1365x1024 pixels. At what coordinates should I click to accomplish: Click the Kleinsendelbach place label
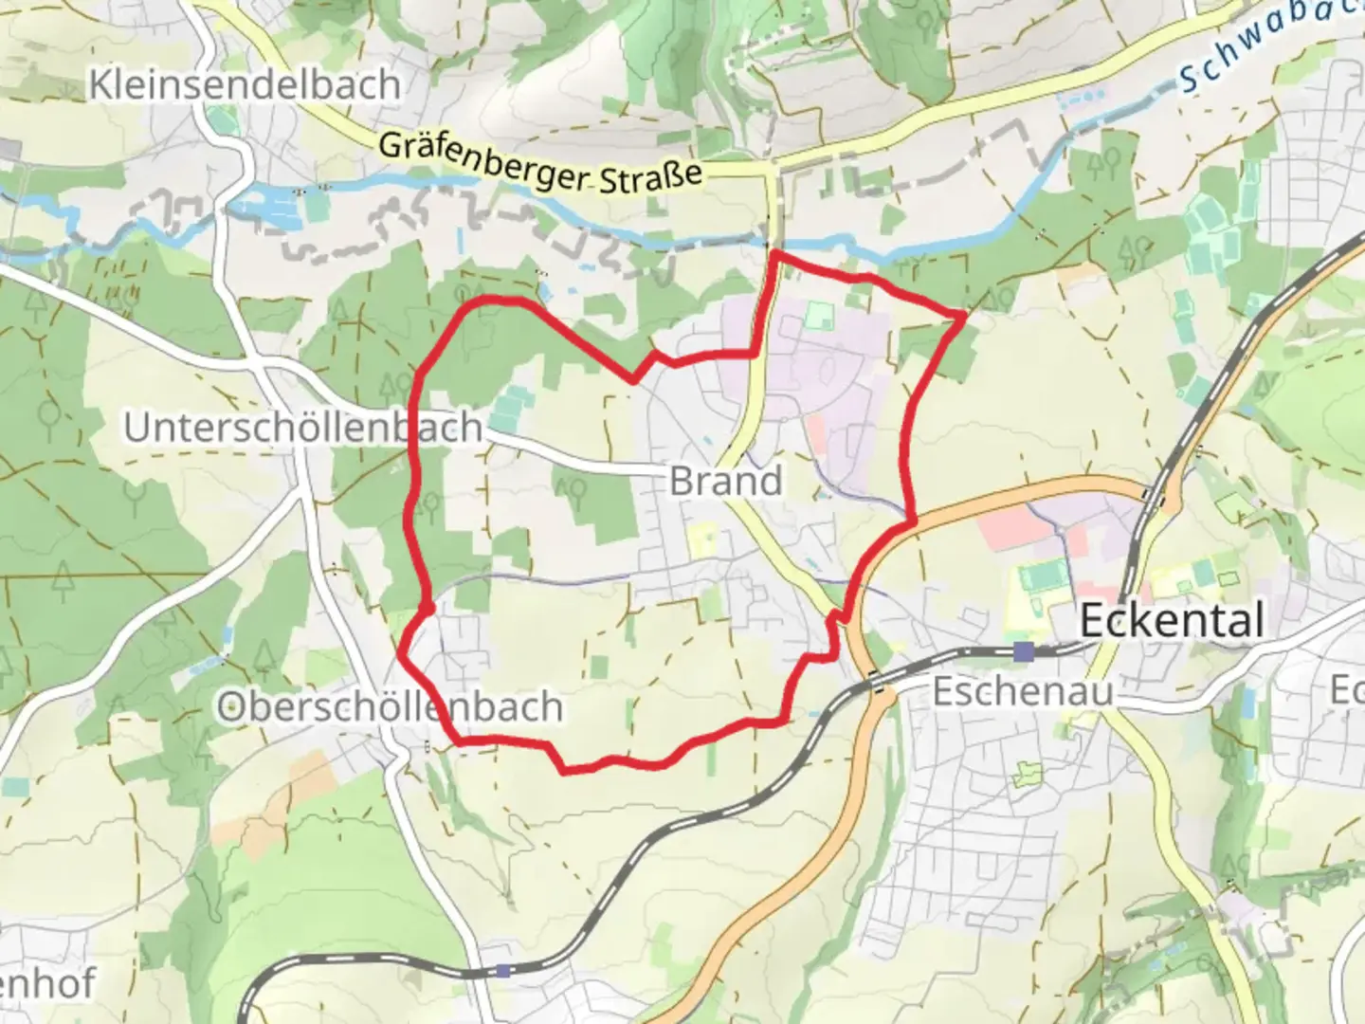[x=245, y=85]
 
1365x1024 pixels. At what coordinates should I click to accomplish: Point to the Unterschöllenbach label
[x=303, y=428]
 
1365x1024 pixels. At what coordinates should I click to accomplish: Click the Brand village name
[x=726, y=481]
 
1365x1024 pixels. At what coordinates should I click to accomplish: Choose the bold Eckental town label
[x=1172, y=621]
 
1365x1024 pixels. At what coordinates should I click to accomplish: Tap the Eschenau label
[x=1023, y=691]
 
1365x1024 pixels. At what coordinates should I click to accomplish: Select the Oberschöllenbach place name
[x=390, y=707]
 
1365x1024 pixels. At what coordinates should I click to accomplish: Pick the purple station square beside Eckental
[x=1024, y=651]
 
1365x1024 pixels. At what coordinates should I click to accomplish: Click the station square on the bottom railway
[x=503, y=970]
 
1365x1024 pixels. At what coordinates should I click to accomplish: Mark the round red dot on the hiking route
[x=427, y=608]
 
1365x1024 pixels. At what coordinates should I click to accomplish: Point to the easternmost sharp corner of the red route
[x=963, y=314]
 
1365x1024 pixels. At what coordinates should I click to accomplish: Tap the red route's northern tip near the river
[x=775, y=253]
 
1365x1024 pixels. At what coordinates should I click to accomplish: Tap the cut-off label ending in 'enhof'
[x=47, y=984]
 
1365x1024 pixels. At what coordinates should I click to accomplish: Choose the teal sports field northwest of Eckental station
[x=1043, y=575]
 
